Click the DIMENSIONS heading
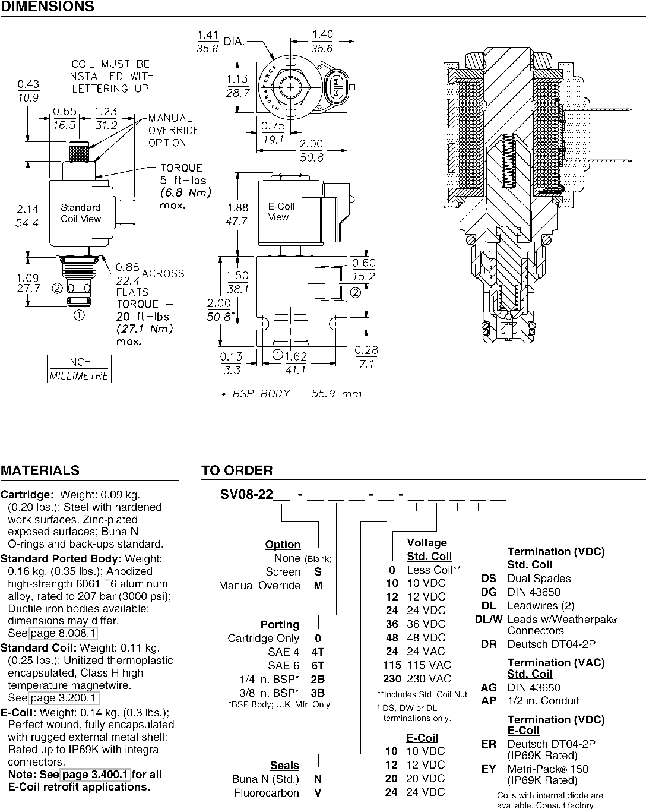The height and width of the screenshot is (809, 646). [47, 7]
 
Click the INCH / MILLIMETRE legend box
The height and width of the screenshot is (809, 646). [79, 369]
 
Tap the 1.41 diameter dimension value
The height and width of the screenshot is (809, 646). [208, 35]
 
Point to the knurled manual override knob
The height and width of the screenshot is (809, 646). [79, 151]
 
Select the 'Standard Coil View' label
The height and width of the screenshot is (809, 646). [81, 213]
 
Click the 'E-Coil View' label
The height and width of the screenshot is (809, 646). [281, 211]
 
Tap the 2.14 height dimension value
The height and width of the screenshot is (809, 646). [27, 208]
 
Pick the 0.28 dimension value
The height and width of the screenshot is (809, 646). [366, 350]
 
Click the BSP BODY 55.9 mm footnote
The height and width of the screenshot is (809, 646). [292, 394]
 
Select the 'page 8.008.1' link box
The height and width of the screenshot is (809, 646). [63, 633]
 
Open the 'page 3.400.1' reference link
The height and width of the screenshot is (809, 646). [95, 775]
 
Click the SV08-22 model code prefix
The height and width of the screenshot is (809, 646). [246, 494]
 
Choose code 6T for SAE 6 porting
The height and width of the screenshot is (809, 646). [318, 665]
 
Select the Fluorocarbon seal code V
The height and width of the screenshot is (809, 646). [318, 792]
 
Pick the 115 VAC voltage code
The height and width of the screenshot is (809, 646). [392, 665]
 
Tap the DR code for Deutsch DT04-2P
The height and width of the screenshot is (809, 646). [489, 644]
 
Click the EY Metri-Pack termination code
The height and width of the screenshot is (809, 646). [489, 769]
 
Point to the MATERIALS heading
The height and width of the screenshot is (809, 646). [40, 470]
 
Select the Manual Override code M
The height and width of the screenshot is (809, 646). [318, 585]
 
